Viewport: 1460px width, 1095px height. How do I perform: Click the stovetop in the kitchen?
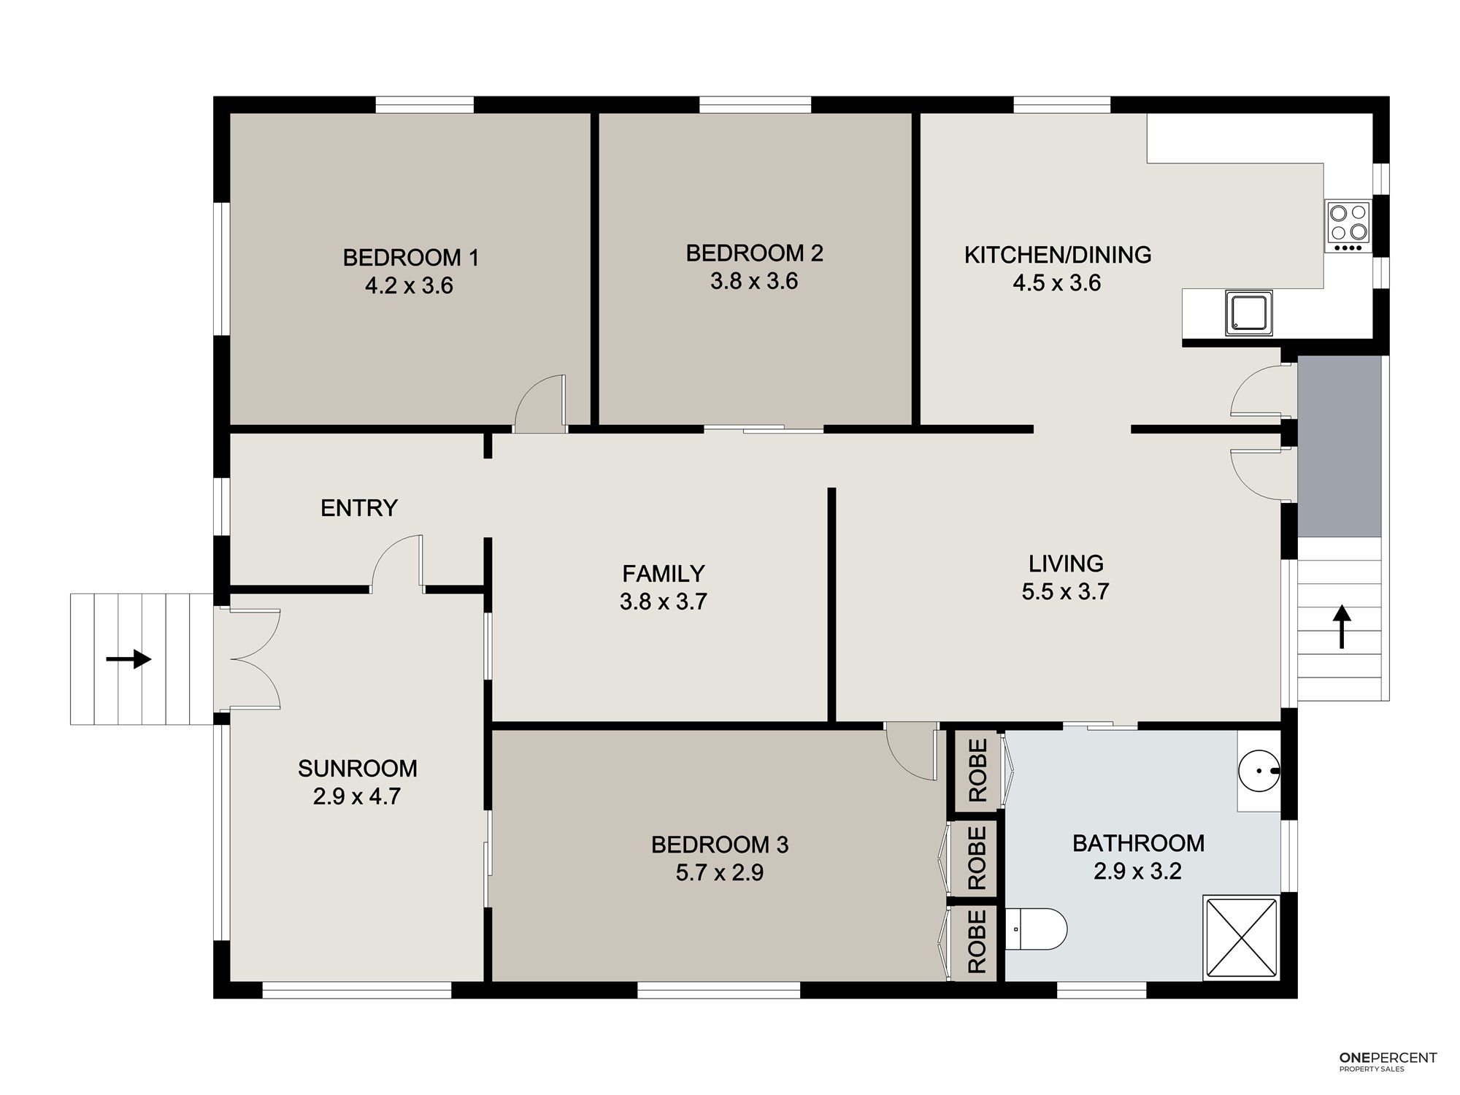1348,227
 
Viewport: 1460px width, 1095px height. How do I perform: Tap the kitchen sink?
1249,313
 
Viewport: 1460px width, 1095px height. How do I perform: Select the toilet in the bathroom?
1036,929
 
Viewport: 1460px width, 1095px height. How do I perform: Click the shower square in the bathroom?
1241,938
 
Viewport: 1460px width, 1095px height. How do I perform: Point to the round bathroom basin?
1259,771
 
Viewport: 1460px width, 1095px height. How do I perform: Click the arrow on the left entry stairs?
128,659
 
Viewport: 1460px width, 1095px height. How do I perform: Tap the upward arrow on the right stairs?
1342,626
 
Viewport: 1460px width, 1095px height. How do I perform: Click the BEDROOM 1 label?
411,258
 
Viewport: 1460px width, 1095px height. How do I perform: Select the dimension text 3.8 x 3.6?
754,281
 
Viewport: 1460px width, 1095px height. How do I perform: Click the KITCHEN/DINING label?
1058,255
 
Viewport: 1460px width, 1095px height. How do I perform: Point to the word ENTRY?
359,508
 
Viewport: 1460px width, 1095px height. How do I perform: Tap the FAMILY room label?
664,574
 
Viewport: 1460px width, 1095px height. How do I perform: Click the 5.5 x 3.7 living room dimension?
1066,591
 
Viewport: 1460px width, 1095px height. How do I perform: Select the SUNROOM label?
358,769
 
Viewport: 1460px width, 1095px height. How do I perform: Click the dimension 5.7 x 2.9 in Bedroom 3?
720,872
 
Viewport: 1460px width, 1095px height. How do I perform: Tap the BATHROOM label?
1139,844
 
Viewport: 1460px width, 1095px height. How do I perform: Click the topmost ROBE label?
977,770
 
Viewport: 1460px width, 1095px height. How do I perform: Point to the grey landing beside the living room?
1340,446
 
